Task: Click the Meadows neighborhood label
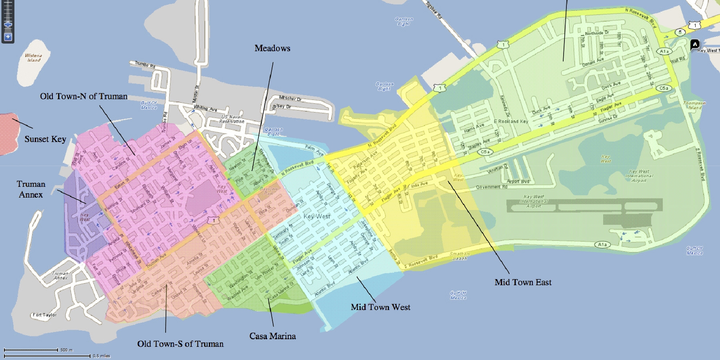click(272, 48)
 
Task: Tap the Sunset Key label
click(45, 139)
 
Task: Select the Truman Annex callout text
click(31, 189)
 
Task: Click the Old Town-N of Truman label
click(84, 96)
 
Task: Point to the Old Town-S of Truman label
click(180, 344)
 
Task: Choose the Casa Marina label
click(272, 336)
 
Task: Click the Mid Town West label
click(380, 307)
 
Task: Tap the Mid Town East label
click(523, 282)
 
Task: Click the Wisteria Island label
click(33, 58)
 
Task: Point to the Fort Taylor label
click(44, 315)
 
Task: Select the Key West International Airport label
click(639, 176)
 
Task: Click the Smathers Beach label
click(460, 256)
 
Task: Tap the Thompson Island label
click(694, 105)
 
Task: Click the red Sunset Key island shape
click(9, 134)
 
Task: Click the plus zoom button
click(8, 37)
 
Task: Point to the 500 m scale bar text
click(66, 350)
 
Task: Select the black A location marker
click(695, 44)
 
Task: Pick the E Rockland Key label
click(511, 122)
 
